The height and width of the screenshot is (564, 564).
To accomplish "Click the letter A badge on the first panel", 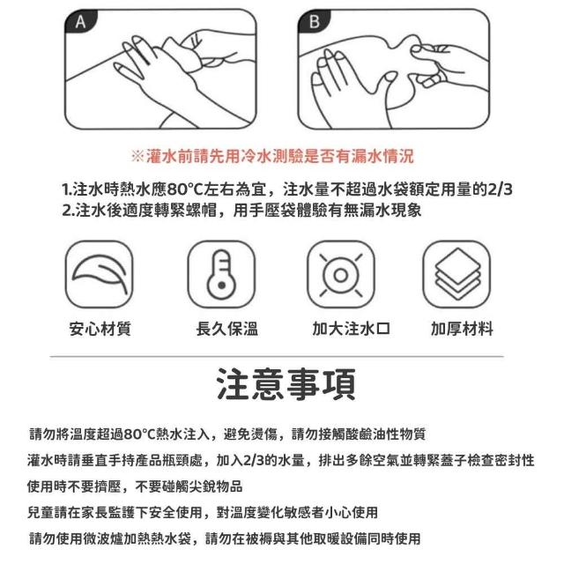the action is (80, 21).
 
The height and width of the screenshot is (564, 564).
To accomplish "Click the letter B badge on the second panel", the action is (314, 21).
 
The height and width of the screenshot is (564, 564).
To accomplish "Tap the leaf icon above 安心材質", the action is (100, 274).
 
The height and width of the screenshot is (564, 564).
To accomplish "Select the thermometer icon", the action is (221, 274).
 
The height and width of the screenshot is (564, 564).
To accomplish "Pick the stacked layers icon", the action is (456, 274).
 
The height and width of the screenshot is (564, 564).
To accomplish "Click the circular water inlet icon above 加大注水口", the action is (341, 274).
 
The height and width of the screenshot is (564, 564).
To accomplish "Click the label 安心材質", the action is (100, 329).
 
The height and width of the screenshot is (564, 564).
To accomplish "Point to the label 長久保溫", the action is (227, 329).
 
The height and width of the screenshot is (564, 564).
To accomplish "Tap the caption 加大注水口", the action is (352, 329).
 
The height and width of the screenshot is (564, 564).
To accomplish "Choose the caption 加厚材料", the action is (462, 329).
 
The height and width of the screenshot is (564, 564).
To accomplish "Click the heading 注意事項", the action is (286, 384).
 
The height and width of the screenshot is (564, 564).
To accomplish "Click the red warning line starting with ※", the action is (272, 157).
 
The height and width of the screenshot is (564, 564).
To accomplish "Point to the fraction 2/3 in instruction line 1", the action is (500, 189).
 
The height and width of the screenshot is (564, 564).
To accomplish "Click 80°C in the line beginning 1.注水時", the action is (185, 189).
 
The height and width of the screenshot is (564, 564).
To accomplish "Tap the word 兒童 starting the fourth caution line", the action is (41, 512).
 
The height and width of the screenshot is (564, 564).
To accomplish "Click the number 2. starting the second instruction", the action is (69, 211).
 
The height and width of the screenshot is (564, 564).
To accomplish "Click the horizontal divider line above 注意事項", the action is (277, 357).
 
